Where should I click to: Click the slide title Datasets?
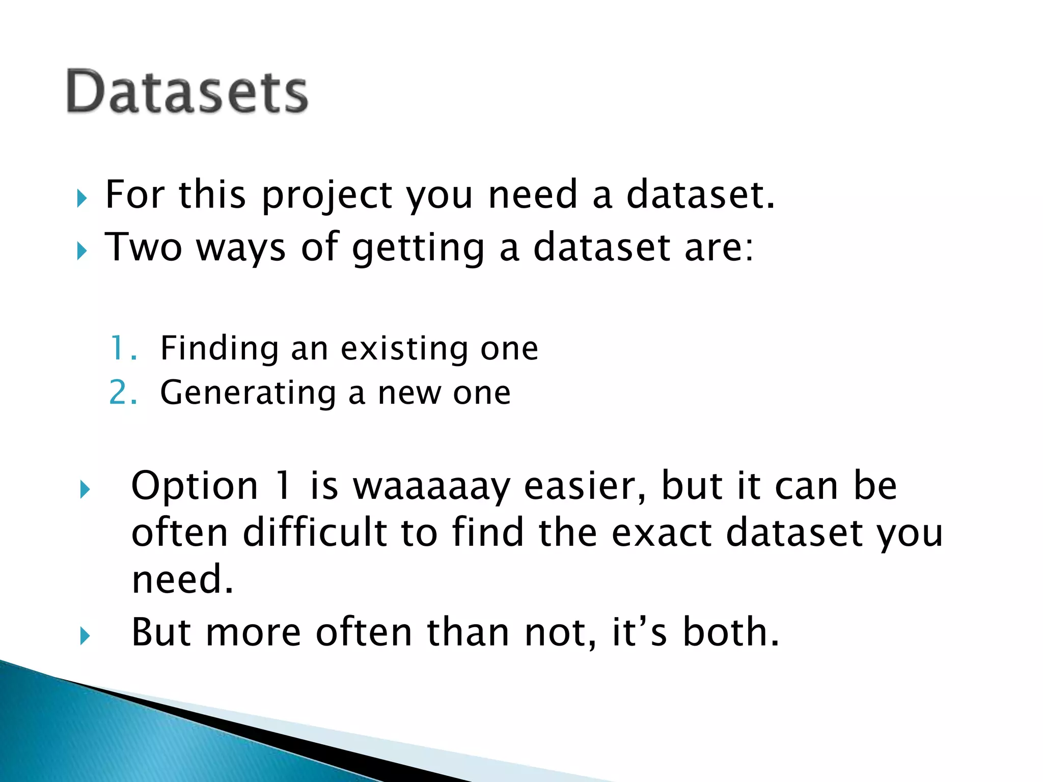[x=187, y=92]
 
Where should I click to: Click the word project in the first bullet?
[x=326, y=195]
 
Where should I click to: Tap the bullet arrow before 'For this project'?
[x=81, y=199]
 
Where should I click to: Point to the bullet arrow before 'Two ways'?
[x=81, y=251]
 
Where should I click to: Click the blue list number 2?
[x=123, y=393]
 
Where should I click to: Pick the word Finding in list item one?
[x=219, y=349]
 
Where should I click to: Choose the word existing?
[x=403, y=349]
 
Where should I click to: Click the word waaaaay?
[x=431, y=486]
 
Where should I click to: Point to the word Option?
[x=195, y=486]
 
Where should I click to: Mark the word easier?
[x=584, y=486]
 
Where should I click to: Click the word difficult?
[x=315, y=533]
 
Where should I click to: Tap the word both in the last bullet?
[x=730, y=632]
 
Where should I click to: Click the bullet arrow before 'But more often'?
[x=85, y=636]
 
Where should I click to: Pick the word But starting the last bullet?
[x=161, y=632]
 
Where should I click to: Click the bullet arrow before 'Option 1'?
[x=85, y=490]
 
